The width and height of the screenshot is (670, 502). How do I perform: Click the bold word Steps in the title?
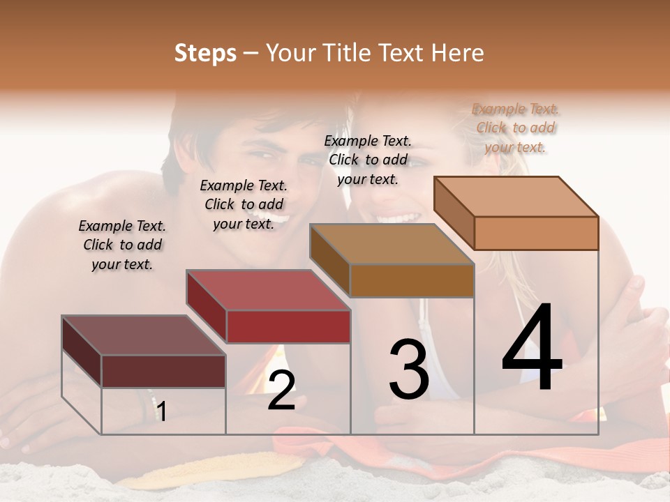205,53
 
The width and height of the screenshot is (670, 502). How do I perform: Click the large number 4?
532,349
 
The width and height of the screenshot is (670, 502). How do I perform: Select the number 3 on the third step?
408,370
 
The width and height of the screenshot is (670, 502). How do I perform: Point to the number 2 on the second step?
281,390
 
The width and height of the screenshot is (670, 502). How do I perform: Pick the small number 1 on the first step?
161,412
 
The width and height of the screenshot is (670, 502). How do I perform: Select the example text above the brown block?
368,160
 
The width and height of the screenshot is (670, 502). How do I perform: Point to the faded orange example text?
516,128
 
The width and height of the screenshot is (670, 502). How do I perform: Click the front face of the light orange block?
536,233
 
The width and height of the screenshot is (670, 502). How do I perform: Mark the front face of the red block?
288,326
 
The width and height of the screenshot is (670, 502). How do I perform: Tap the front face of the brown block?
412,280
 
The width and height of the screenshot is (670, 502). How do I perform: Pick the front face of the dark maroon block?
163,371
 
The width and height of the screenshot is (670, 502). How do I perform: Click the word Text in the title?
401,53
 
